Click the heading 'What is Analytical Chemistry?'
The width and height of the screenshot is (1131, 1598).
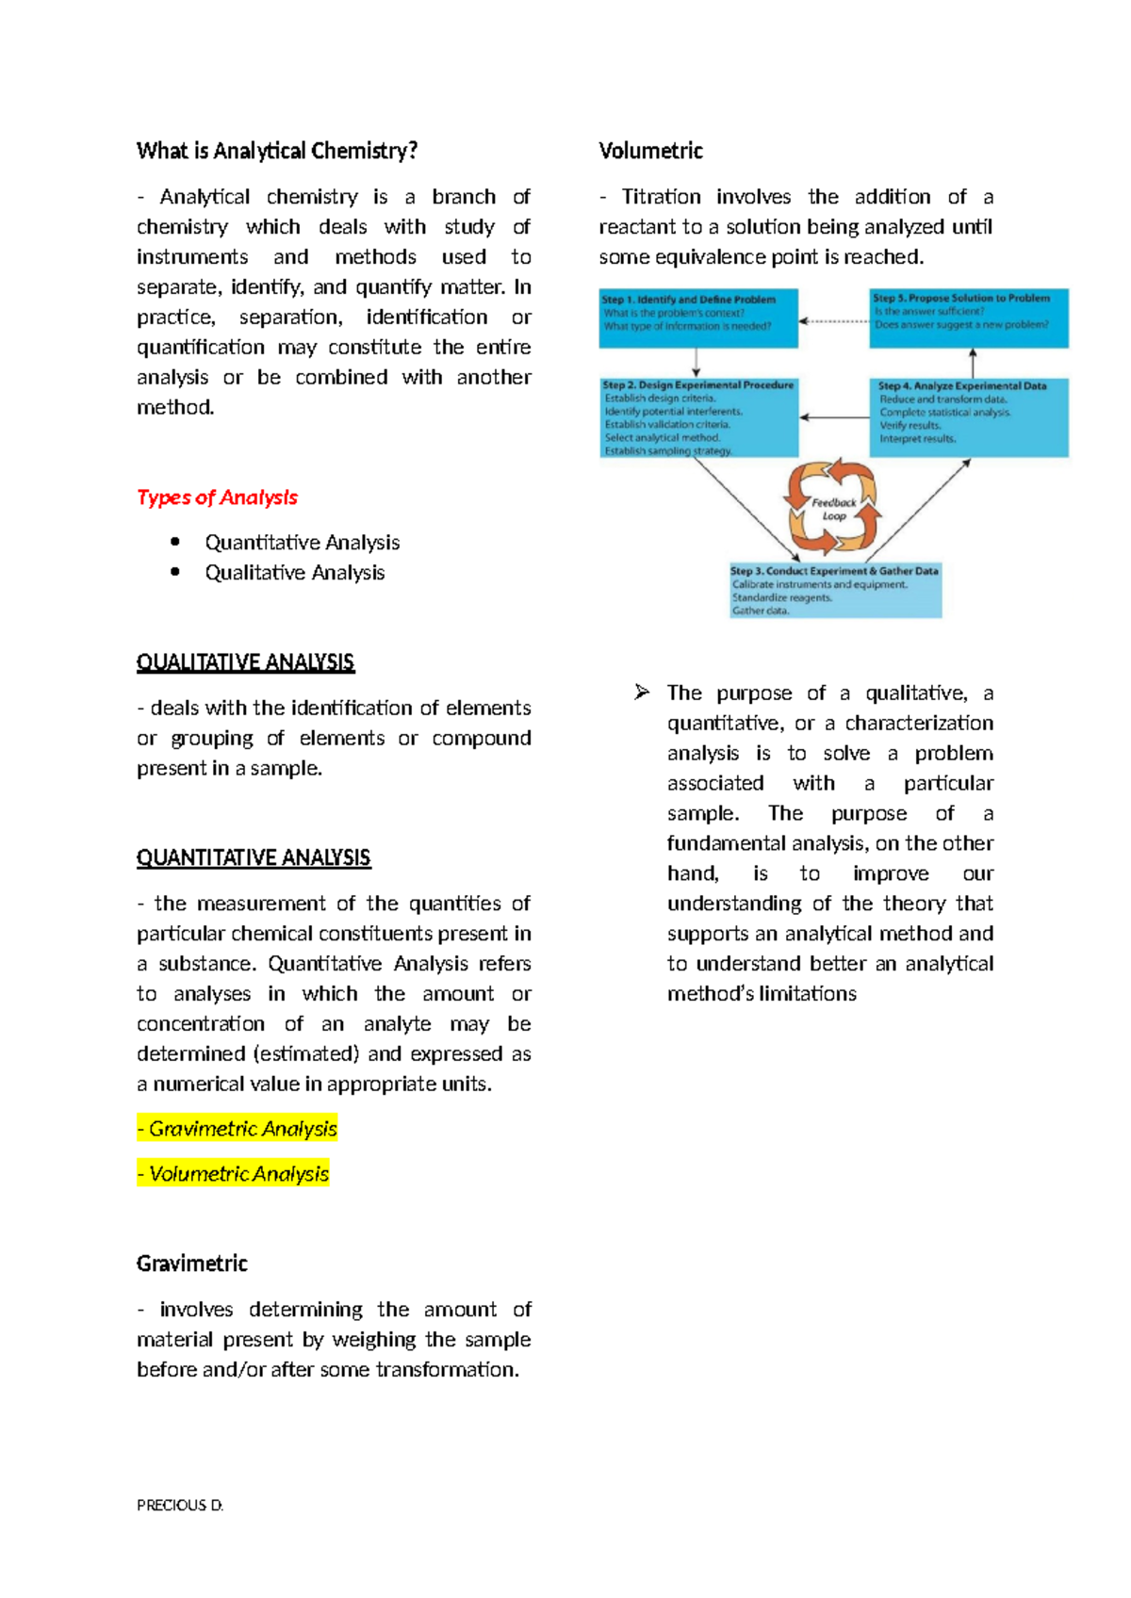coord(276,151)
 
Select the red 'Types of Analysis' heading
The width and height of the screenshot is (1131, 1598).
coord(217,497)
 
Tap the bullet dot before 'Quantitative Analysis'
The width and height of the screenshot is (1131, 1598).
coord(175,541)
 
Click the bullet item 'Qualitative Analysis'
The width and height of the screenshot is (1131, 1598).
coord(294,573)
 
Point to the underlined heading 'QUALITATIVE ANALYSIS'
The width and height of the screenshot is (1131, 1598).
coord(245,662)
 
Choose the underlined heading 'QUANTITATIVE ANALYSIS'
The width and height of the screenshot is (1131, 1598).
coord(254,858)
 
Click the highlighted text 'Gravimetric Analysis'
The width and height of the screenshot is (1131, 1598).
coord(238,1129)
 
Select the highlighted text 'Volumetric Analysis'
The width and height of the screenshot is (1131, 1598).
coord(234,1174)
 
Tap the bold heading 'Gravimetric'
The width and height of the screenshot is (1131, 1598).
coord(191,1264)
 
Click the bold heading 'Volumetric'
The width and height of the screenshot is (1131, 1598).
coord(650,151)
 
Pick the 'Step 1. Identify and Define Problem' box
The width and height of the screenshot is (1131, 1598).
coord(698,318)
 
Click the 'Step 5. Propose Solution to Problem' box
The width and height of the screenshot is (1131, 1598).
coord(969,318)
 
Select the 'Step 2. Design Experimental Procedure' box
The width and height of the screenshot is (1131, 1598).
coord(698,417)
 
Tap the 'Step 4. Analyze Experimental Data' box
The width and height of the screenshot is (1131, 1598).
coord(969,417)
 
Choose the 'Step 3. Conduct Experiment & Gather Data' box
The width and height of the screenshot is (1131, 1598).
coord(835,591)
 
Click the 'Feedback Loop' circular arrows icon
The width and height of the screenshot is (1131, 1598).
coord(833,509)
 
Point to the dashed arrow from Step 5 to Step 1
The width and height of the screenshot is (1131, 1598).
coord(834,321)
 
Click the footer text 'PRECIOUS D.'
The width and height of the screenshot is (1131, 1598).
coord(180,1506)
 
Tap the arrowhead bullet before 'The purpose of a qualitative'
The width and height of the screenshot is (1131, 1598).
coord(642,693)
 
